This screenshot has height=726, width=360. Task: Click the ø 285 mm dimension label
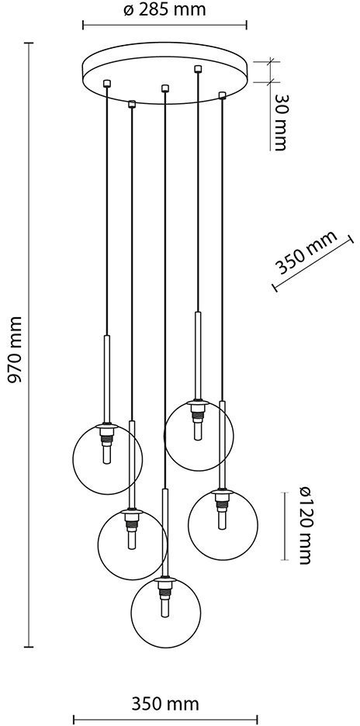pyautogui.click(x=164, y=10)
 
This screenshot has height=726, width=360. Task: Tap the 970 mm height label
pyautogui.click(x=16, y=350)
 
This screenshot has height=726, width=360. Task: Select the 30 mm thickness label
pyautogui.click(x=281, y=123)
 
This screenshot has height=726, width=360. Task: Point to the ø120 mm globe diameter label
pyautogui.click(x=304, y=525)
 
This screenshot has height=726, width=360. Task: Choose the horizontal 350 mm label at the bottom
pyautogui.click(x=165, y=704)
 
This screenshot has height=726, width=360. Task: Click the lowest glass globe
pyautogui.click(x=166, y=612)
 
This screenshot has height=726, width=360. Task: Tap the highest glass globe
pyautogui.click(x=199, y=436)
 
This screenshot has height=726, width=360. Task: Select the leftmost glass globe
pyautogui.click(x=108, y=459)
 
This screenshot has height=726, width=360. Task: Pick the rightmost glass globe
pyautogui.click(x=223, y=524)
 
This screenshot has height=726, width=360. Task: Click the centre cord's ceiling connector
pyautogui.click(x=165, y=88)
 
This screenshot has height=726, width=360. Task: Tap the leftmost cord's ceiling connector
pyautogui.click(x=107, y=83)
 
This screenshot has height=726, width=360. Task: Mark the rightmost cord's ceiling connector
pyautogui.click(x=223, y=95)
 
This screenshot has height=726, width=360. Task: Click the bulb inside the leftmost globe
pyautogui.click(x=107, y=455)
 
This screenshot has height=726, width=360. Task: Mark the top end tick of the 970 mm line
pyautogui.click(x=29, y=43)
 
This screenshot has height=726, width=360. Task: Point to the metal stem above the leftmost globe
pyautogui.click(x=107, y=379)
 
